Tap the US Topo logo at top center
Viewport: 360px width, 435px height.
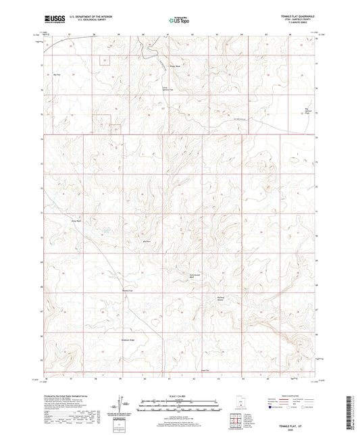pos(180,21)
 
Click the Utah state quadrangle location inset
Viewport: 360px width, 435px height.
pos(239,404)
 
